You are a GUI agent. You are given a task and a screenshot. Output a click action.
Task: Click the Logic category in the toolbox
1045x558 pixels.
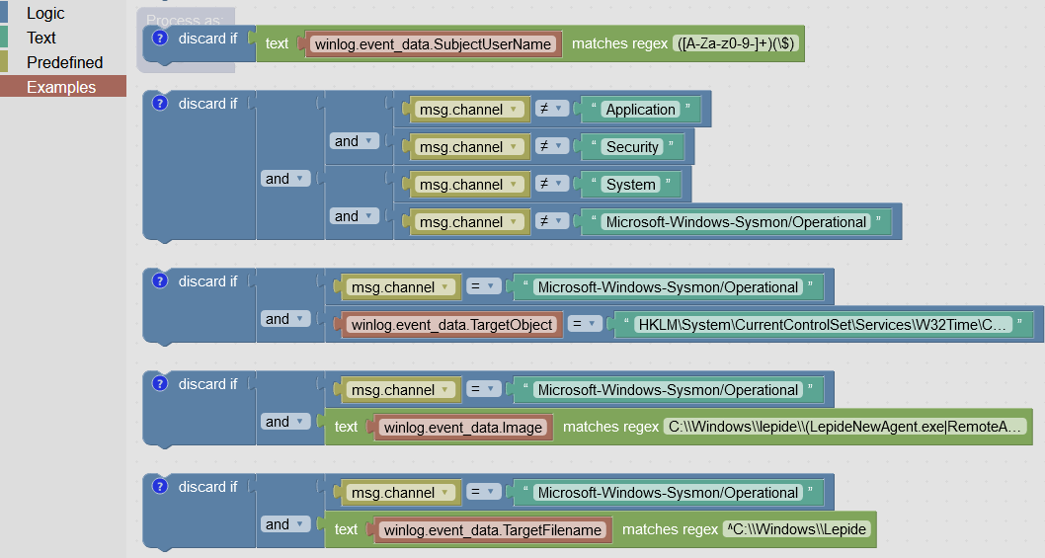coord(45,13)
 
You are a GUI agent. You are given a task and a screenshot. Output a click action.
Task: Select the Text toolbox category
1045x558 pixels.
coord(41,38)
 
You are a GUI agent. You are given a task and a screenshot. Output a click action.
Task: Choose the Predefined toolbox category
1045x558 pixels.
coord(64,62)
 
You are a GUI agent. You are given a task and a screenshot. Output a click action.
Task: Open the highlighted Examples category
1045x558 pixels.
coord(61,87)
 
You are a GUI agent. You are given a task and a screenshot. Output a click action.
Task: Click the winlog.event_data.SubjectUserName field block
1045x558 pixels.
coord(434,43)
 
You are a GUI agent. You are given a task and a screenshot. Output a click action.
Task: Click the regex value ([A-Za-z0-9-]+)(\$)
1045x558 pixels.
coord(738,43)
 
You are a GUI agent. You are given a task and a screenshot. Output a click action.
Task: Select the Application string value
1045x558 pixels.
coord(641,110)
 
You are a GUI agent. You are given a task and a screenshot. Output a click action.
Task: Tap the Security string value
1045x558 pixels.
coord(632,147)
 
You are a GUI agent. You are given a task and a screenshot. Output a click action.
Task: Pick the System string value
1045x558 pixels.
coord(630,185)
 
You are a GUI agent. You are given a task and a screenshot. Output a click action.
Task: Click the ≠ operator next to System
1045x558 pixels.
coord(551,185)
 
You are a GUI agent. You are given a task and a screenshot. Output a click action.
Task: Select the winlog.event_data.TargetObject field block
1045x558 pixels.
coord(451,325)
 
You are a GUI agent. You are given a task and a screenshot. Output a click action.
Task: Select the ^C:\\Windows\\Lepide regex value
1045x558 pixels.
coord(796,529)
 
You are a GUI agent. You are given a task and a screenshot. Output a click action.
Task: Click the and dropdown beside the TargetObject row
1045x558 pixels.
coord(284,319)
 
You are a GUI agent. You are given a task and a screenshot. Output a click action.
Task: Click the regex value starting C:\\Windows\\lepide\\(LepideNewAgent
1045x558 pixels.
coord(846,428)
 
